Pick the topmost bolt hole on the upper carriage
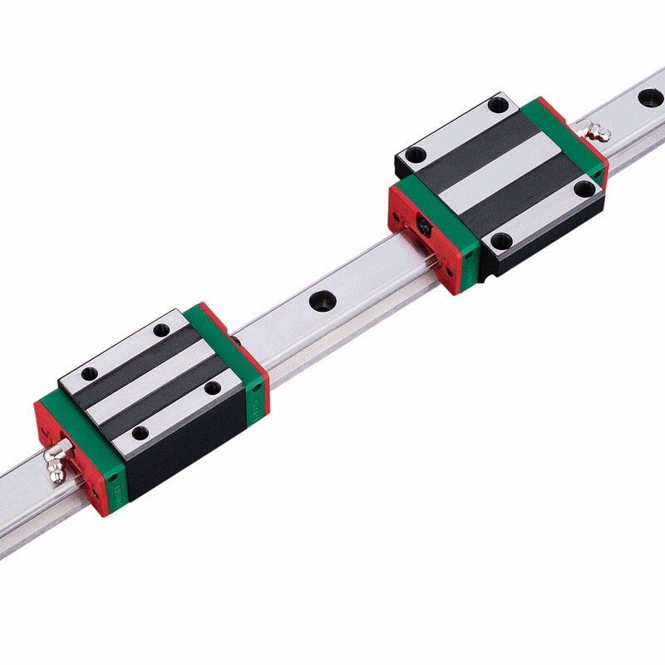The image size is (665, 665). (x=497, y=105)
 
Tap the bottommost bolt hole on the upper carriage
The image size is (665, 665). (x=499, y=242)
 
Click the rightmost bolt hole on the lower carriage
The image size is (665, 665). (x=214, y=387)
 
